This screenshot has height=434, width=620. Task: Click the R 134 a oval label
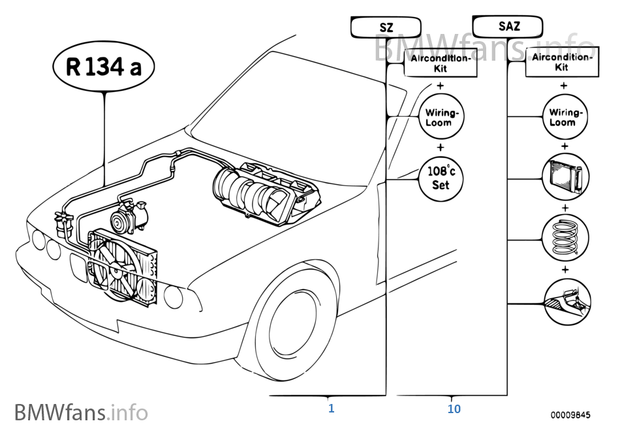104,67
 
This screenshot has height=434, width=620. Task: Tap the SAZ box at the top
507,27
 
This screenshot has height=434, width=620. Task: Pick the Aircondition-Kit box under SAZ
561,62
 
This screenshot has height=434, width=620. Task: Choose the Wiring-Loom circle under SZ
442,117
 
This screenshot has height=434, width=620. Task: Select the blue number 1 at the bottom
332,409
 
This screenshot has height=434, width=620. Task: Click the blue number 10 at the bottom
454,409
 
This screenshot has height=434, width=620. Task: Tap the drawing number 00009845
569,414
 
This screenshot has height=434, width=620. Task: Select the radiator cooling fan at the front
117,264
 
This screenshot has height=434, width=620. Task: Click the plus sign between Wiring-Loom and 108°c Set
441,147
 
